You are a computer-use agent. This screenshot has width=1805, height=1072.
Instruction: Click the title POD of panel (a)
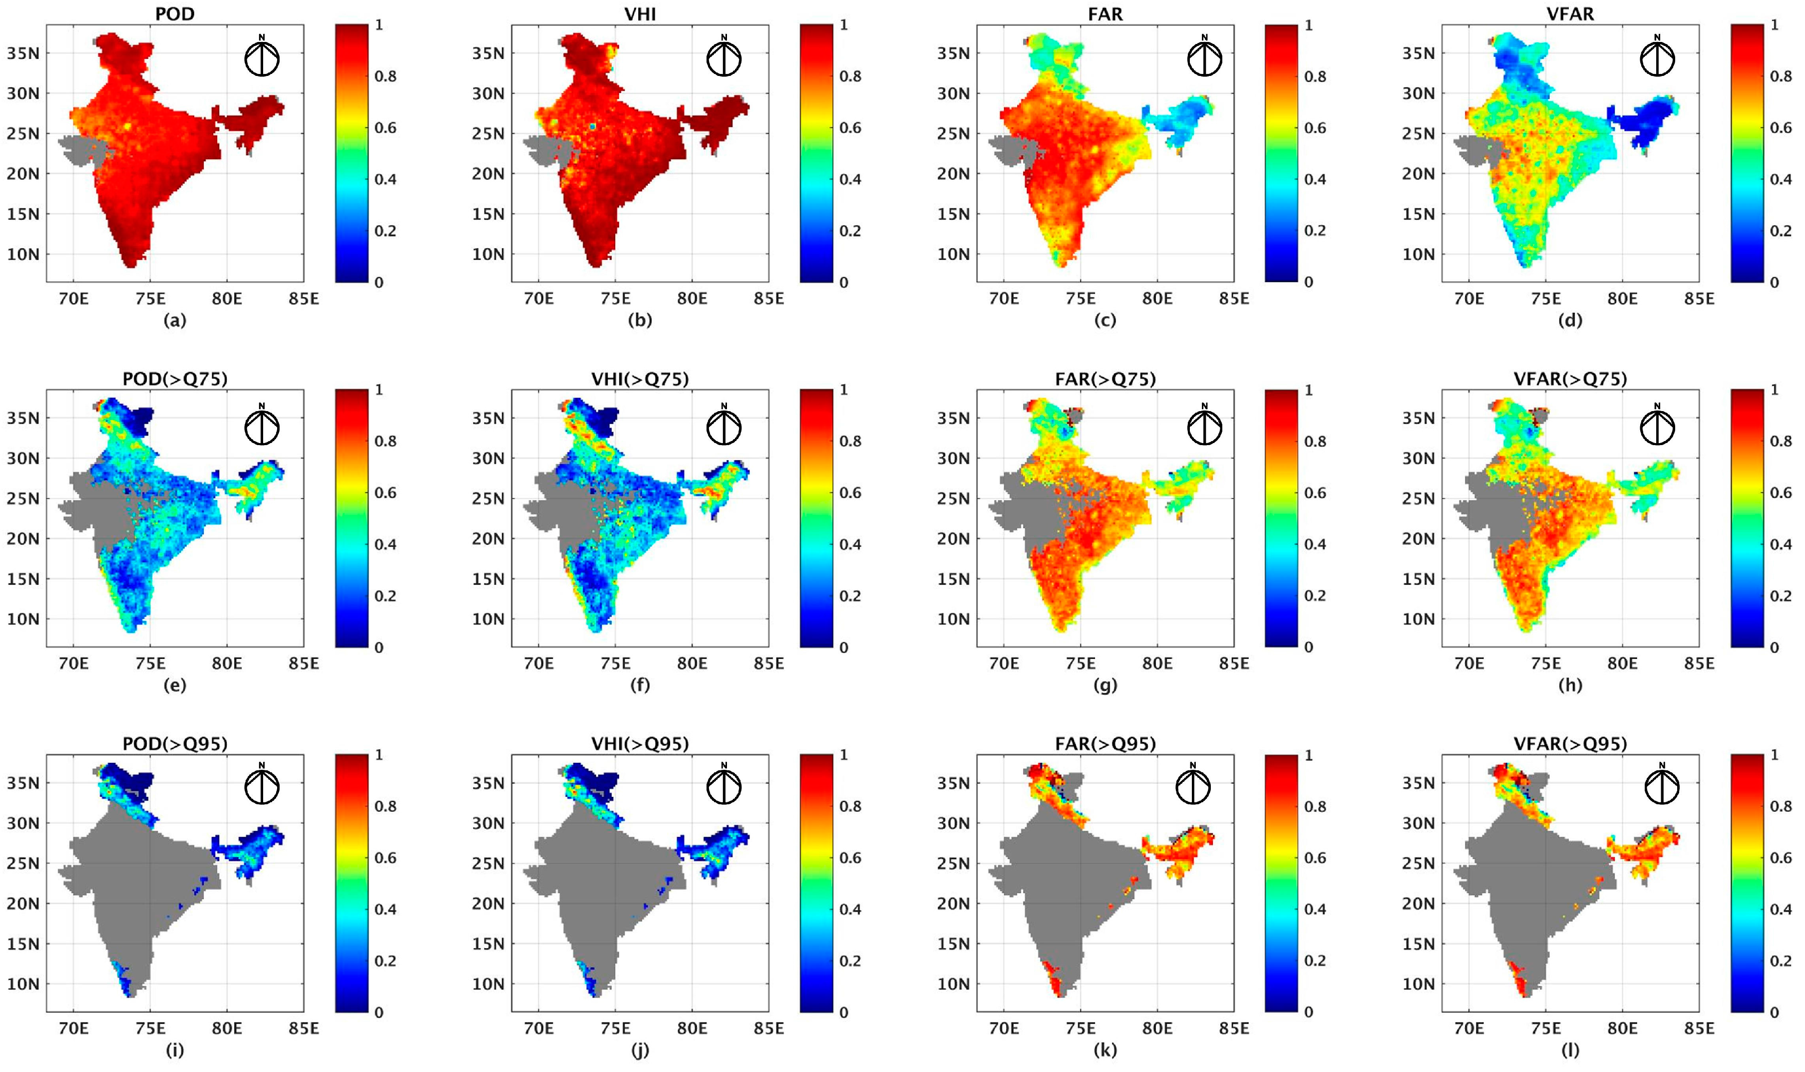coord(175,13)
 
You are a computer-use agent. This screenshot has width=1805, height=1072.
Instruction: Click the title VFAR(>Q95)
coord(1570,744)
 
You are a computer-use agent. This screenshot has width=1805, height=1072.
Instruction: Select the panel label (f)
coord(640,685)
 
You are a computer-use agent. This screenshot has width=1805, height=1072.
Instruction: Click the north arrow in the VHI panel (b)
coord(723,58)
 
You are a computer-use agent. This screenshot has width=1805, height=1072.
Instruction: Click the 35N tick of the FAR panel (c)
coord(953,53)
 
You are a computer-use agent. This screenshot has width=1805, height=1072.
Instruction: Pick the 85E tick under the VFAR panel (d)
coord(1698,298)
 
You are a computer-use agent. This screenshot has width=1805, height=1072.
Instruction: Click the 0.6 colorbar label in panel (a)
coord(385,128)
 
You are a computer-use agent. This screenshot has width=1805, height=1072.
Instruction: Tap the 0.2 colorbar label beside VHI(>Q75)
coord(850,596)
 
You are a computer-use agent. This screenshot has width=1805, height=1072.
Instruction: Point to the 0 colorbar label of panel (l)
coord(1774,1013)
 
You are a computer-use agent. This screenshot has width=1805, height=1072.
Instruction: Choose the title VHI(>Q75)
coord(640,379)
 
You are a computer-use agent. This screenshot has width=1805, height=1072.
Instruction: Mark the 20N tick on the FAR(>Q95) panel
coord(953,904)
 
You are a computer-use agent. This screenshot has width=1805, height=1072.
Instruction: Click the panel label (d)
coord(1570,320)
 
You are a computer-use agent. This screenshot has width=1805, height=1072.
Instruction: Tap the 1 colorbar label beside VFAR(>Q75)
coord(1774,390)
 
